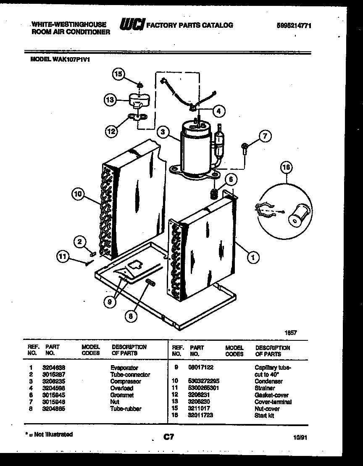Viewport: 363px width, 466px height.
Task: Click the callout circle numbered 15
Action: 119,74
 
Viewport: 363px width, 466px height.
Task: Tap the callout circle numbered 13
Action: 110,100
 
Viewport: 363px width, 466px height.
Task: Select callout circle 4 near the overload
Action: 218,111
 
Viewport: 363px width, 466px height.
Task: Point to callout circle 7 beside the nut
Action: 265,136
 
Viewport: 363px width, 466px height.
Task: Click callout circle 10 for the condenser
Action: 78,194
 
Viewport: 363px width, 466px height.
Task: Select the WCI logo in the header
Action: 132,25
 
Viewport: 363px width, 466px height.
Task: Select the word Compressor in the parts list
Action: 126,382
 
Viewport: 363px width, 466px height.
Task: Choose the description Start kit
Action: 264,416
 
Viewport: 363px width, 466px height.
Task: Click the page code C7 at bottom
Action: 168,437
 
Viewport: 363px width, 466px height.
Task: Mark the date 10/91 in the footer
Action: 301,437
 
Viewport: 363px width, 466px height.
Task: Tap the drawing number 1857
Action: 292,332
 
